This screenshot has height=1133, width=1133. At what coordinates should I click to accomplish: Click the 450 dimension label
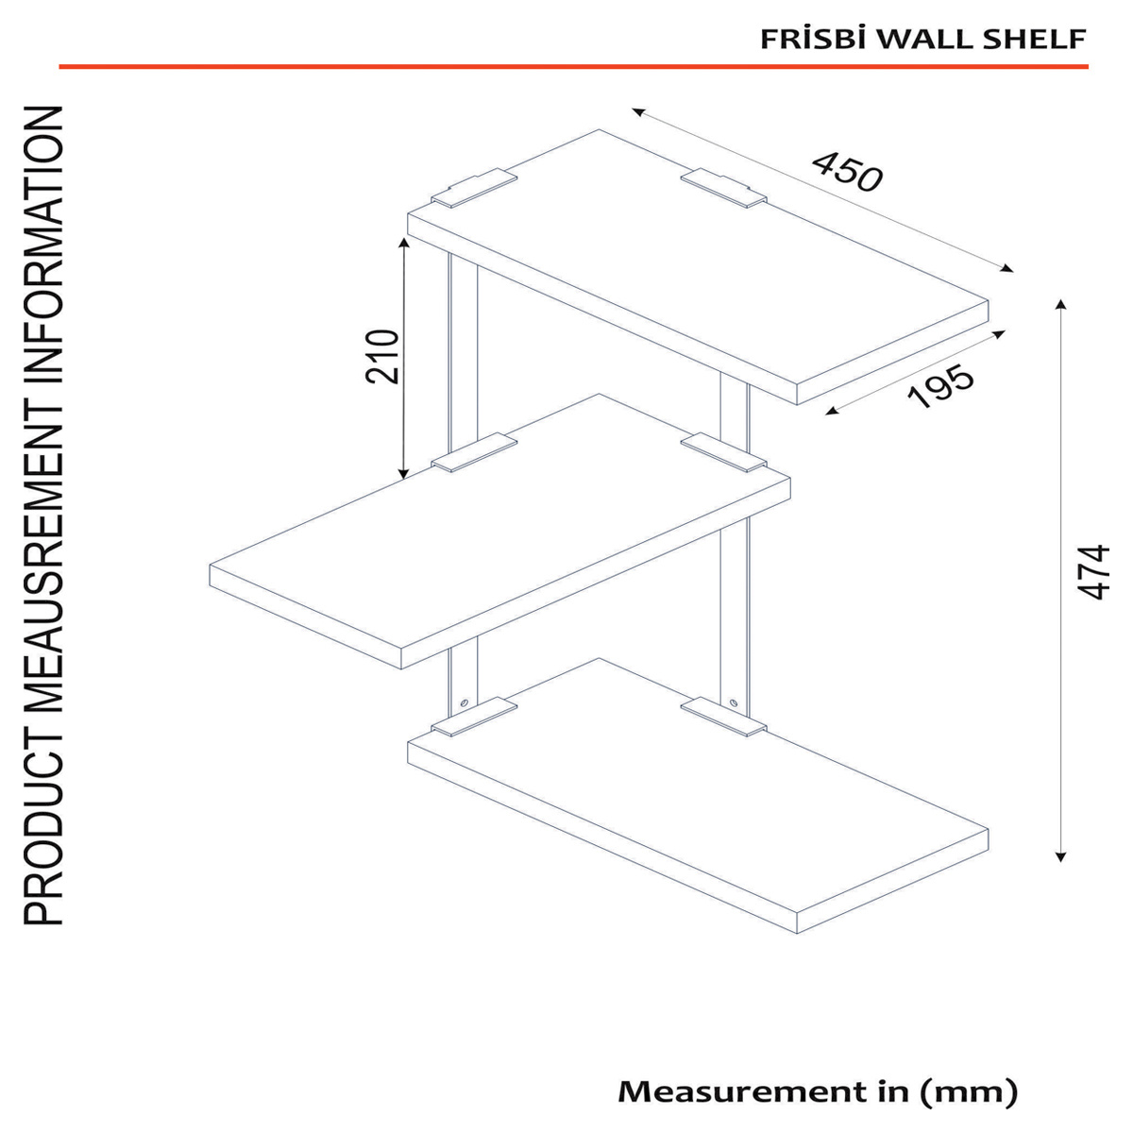[847, 172]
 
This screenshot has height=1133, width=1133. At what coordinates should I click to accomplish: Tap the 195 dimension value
[940, 386]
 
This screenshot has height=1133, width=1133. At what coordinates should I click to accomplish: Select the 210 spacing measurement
[382, 357]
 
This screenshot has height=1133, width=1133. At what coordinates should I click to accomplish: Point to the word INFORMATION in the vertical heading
[42, 245]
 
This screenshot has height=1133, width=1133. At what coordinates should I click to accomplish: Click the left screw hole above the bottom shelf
[464, 702]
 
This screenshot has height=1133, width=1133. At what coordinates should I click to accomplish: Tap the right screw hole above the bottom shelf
[733, 702]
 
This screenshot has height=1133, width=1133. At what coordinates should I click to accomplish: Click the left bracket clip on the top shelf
[474, 188]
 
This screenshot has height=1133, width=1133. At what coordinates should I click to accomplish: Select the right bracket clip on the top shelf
[723, 188]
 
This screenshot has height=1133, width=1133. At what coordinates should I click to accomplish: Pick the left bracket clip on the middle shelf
[474, 452]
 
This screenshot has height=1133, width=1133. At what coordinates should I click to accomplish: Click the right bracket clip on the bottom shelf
[723, 716]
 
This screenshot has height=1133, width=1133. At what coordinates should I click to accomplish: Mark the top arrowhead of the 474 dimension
[1060, 302]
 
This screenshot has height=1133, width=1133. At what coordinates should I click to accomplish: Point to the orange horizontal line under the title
[573, 66]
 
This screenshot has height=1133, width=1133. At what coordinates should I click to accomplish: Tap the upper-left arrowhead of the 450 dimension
[636, 110]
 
